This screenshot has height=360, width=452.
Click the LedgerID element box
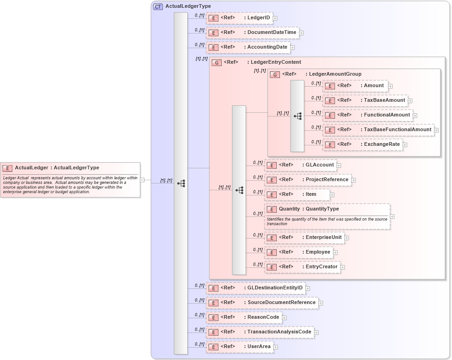239,18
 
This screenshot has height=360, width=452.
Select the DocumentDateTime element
252,33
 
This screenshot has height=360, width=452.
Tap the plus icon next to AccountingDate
292,47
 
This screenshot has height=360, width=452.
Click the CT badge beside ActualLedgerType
158,6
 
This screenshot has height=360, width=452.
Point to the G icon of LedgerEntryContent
217,62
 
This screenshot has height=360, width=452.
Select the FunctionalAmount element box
367,115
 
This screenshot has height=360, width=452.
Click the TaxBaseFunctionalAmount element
378,130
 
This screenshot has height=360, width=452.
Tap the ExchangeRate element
363,144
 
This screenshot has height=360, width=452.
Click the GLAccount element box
300,165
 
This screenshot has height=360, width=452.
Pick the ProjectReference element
307,180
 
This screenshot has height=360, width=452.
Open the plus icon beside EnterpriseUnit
347,238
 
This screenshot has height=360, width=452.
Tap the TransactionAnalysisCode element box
260,332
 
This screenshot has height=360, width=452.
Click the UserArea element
239,347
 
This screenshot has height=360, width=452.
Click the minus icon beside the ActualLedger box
142,180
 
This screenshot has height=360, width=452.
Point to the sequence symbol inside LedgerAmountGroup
297,116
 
